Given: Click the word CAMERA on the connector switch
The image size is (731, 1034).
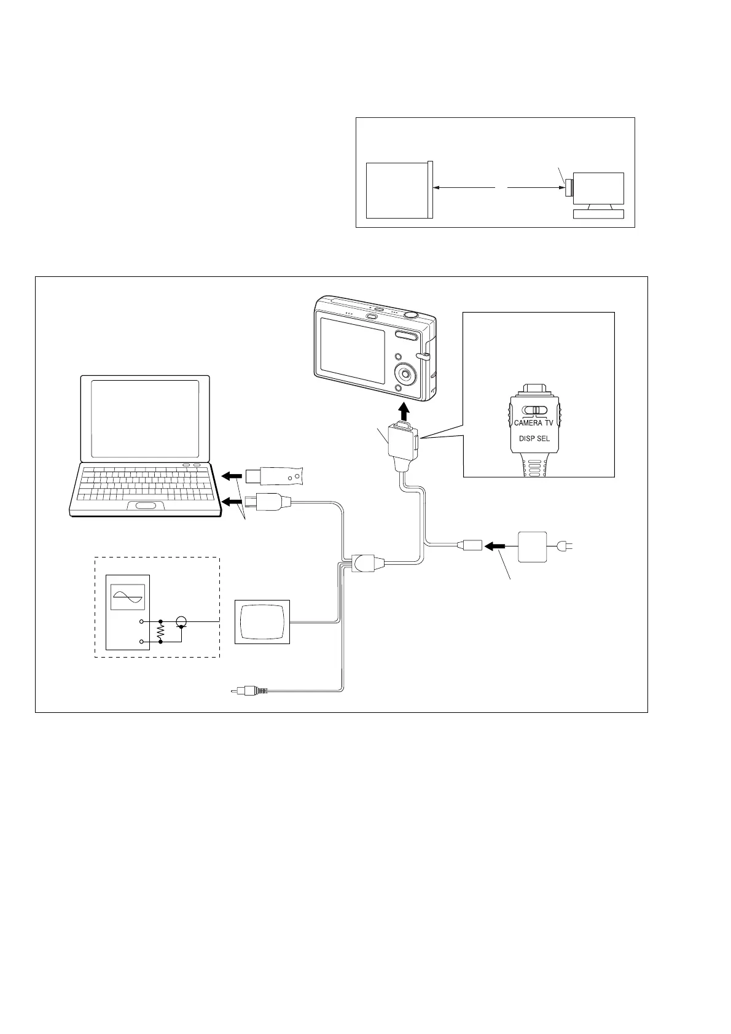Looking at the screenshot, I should (528, 423).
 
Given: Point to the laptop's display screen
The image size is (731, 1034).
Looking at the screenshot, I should (145, 419).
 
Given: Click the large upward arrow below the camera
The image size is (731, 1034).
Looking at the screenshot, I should (404, 410).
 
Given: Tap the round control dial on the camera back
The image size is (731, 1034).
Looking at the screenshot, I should (404, 373).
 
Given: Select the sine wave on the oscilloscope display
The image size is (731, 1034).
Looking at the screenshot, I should (128, 596).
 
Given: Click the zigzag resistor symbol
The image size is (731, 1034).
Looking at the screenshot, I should (160, 631).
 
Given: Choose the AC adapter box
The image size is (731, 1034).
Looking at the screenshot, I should (533, 546).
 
